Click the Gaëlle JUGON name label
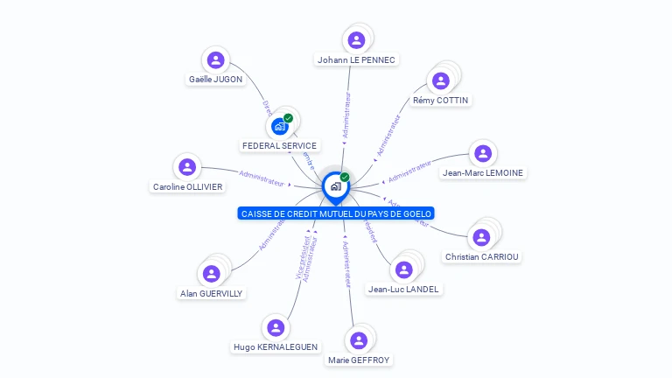coord(215,80)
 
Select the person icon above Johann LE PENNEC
coord(356,40)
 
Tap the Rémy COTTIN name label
coord(440,101)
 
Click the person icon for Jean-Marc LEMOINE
coord(482,154)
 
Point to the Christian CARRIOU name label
coord(481,257)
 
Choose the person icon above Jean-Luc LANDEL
coord(403,269)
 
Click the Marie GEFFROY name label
coord(359,360)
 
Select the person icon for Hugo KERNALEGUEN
coord(276,328)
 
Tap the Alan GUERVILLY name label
coord(212,294)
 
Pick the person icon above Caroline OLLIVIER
coord(186,167)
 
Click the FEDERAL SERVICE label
coord(280,145)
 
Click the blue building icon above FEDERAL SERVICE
coord(280,126)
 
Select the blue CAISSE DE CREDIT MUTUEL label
coord(336,213)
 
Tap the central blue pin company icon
coord(335,186)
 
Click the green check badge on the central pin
coord(345,178)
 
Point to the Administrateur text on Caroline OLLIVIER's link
coord(262,178)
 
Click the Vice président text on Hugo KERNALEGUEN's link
coord(302,262)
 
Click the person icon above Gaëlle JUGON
coord(215,60)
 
